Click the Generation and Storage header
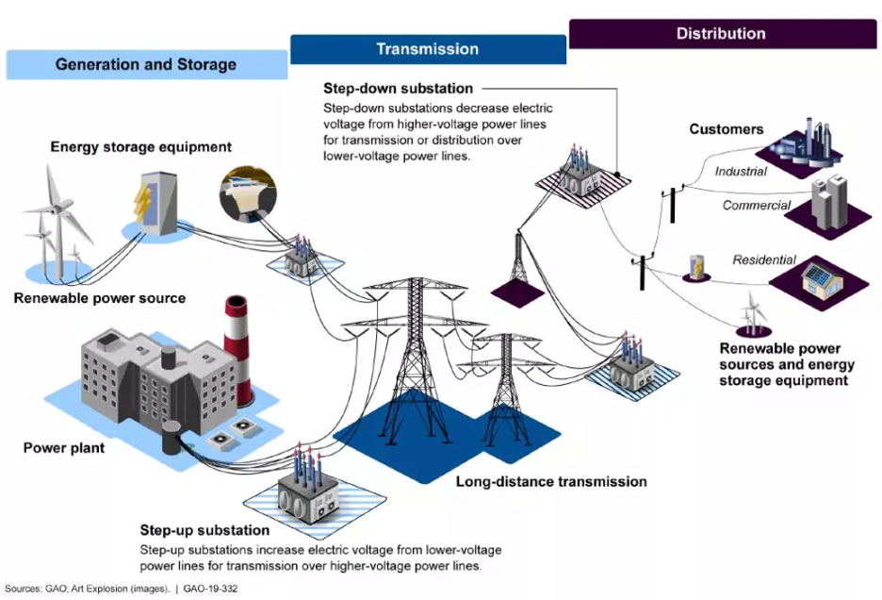coord(146,65)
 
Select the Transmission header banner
coord(428,49)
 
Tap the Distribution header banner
coord(721,33)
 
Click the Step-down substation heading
coord(398,89)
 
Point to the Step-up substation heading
coord(204,530)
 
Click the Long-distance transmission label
coord(551,481)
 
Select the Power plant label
coord(64,448)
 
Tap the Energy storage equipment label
coord(140,147)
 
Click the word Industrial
coord(741,172)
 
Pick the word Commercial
coord(757,206)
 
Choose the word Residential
coord(764,259)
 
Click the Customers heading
coord(727,129)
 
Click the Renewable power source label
coord(100,298)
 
